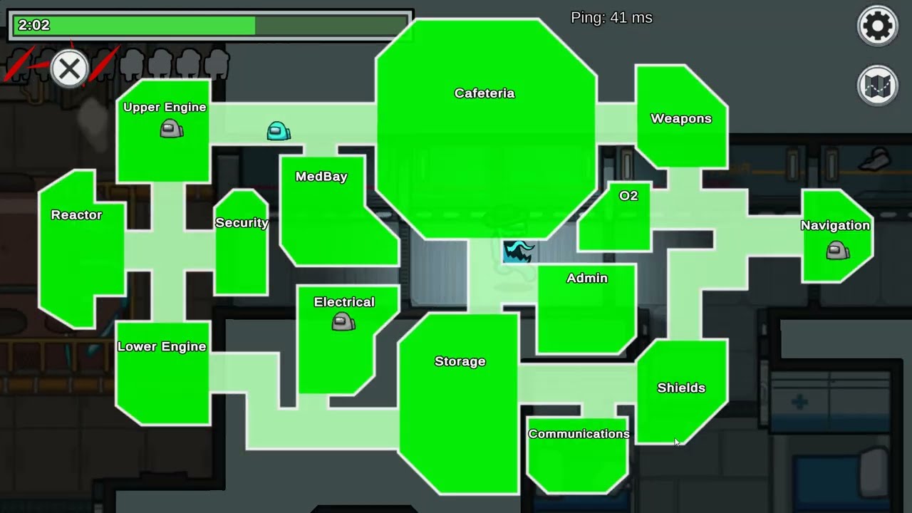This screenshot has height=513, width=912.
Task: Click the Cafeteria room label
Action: [484, 93]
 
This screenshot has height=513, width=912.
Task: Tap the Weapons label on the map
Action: [681, 118]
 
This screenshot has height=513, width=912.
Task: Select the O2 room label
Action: [628, 195]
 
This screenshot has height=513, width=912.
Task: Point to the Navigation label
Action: [835, 225]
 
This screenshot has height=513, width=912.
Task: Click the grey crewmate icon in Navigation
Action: [837, 250]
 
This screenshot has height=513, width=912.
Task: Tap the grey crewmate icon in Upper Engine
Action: [171, 129]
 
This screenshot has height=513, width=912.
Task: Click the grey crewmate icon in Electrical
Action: [343, 322]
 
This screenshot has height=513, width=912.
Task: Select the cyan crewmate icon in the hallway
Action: [278, 131]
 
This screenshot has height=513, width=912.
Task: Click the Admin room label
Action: [587, 278]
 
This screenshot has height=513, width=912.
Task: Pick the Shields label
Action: [681, 388]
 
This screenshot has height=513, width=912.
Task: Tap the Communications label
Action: [579, 434]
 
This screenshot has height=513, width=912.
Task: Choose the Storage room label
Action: [460, 361]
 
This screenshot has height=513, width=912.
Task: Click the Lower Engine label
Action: [162, 346]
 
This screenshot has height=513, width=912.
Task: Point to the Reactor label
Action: [76, 214]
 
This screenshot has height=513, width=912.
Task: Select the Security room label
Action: [242, 222]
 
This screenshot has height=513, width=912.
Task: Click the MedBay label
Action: [321, 176]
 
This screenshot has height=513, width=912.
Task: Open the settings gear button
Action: [878, 26]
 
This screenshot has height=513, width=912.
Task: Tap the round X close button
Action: [69, 69]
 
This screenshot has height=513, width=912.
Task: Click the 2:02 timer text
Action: [34, 25]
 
